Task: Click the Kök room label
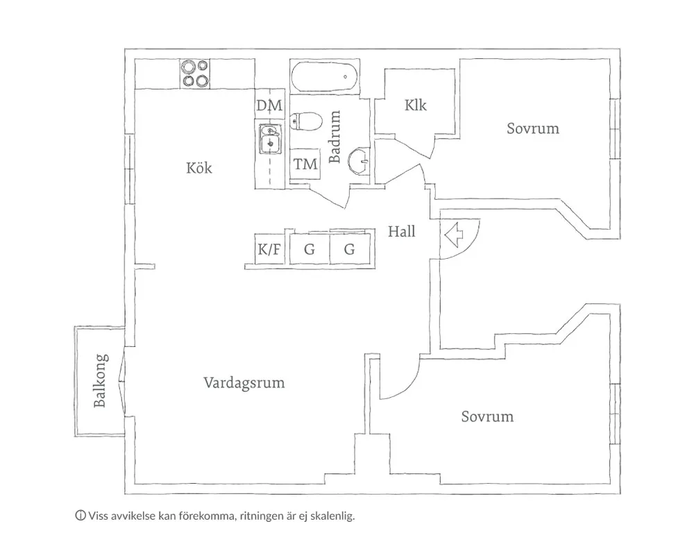(x=199, y=168)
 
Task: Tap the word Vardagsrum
(x=244, y=382)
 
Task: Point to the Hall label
(x=402, y=232)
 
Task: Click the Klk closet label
(x=416, y=105)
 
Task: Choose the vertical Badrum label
(x=335, y=137)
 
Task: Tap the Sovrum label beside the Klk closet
(x=532, y=128)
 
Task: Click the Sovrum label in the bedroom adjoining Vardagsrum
(x=487, y=416)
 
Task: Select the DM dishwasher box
(x=269, y=106)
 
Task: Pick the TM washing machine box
(x=305, y=164)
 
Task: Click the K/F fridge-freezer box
(x=270, y=250)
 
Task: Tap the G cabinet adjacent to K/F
(x=310, y=250)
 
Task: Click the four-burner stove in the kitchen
(x=195, y=74)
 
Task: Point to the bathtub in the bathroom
(x=325, y=77)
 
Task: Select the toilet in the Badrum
(x=306, y=122)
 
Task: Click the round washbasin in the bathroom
(x=360, y=160)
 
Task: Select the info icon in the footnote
(x=80, y=516)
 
